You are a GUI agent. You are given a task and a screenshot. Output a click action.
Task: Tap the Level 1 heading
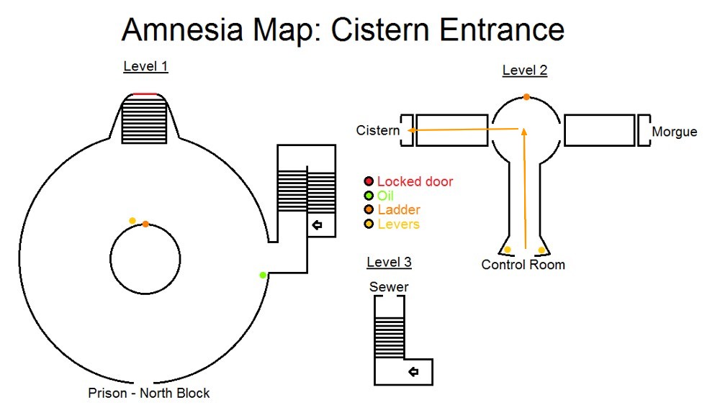click(145, 67)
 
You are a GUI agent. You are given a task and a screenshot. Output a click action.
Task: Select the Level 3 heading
click(389, 262)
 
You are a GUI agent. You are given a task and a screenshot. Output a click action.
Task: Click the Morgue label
click(674, 132)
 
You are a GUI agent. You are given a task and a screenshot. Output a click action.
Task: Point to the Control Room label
click(523, 265)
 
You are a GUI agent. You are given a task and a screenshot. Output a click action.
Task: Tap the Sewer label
click(389, 287)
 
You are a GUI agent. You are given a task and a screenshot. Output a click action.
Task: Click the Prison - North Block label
click(149, 393)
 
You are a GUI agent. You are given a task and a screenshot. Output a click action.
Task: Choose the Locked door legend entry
click(415, 181)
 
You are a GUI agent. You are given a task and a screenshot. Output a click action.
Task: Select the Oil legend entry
click(386, 196)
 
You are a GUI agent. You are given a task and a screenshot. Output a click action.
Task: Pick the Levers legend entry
click(398, 224)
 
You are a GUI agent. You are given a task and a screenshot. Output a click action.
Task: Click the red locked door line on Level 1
click(145, 94)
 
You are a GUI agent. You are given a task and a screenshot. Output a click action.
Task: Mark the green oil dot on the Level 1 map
click(264, 275)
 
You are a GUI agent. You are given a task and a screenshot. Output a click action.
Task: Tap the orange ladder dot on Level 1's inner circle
click(145, 224)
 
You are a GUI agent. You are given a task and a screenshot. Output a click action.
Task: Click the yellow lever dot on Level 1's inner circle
click(132, 221)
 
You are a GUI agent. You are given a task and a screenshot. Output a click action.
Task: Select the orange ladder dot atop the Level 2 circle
click(526, 97)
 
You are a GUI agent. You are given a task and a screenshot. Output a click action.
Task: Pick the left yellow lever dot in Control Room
click(508, 250)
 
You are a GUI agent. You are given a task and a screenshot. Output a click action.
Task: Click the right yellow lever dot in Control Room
click(541, 250)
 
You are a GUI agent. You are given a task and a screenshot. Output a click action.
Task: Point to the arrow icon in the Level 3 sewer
click(413, 372)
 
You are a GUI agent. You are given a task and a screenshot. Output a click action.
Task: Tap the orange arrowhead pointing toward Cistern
click(410, 130)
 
